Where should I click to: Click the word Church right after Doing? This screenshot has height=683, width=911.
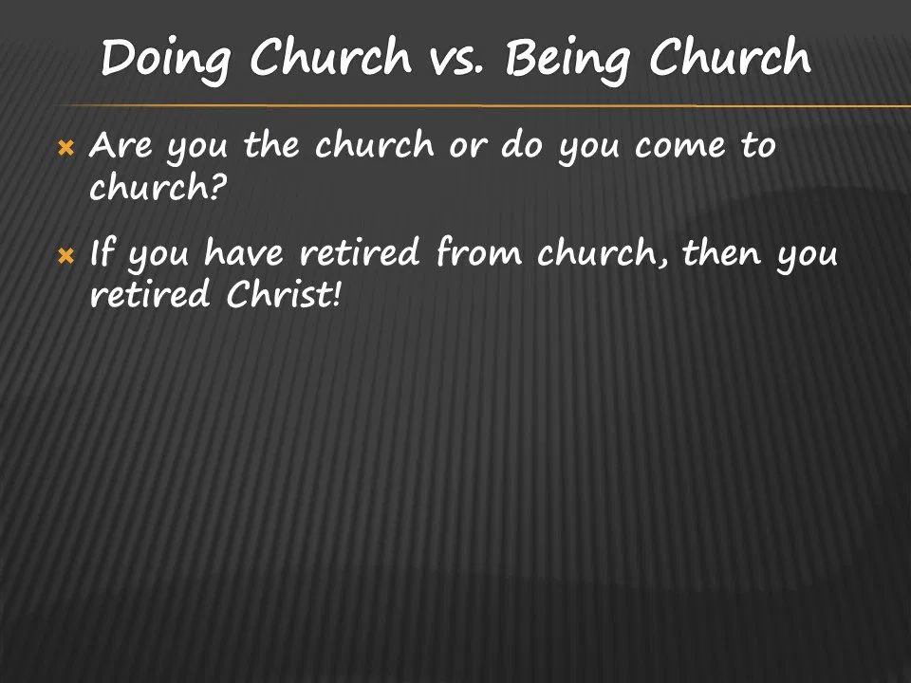point(330,57)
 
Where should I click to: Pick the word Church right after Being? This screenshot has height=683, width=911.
point(731,57)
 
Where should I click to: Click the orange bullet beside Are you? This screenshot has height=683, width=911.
point(66,149)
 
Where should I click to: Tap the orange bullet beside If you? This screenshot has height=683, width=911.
point(66,255)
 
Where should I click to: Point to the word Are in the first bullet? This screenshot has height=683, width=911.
point(121,144)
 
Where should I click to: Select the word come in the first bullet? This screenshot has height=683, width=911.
point(680,148)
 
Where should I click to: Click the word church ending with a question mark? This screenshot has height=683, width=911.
point(158,187)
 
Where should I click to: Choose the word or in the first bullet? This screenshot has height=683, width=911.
point(467,148)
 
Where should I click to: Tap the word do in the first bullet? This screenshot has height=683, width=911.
point(522,144)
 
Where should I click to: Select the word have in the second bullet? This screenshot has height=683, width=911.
point(244,252)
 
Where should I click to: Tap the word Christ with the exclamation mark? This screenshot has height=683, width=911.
point(283,294)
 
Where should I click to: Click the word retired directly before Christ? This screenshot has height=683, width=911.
point(149,294)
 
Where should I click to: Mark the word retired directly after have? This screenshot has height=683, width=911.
point(359,252)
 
